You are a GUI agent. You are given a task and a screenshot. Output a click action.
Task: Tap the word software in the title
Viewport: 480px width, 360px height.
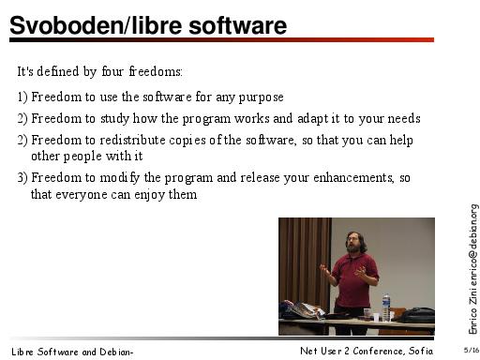[x=237, y=25]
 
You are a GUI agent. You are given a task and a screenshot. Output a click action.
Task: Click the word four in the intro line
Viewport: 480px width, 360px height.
[x=112, y=71]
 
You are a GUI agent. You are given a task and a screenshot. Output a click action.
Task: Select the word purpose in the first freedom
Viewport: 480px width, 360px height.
[x=261, y=97]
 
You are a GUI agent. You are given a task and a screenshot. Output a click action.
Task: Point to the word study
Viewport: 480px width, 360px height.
[x=114, y=119]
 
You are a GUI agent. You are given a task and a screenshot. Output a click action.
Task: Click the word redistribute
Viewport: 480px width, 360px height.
[x=132, y=140]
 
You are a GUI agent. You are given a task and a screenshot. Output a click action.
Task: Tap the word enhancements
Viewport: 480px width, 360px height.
[x=353, y=177]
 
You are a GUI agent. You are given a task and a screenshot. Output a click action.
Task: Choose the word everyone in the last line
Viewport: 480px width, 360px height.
[x=82, y=195]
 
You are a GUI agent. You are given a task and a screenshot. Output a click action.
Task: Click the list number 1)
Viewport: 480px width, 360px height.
[x=22, y=97]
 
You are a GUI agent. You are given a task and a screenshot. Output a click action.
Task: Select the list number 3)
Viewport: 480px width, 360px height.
[x=22, y=177]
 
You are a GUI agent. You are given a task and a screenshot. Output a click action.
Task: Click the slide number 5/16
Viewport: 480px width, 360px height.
[x=472, y=350]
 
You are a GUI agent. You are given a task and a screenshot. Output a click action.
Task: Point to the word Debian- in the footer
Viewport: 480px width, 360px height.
[x=116, y=352]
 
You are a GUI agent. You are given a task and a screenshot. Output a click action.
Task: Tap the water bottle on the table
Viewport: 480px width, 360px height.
[x=386, y=307]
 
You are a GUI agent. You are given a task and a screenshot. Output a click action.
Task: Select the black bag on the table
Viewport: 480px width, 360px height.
[x=416, y=315]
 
